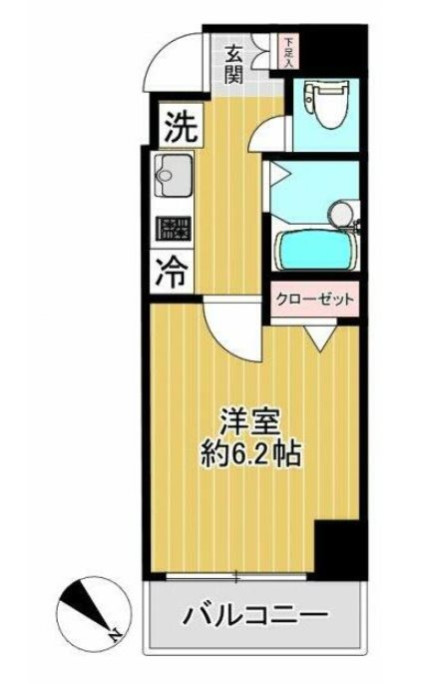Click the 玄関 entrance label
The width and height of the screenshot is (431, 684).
point(235,64)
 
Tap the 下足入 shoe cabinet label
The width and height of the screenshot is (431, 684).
point(288,52)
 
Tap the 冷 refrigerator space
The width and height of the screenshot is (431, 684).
point(175,273)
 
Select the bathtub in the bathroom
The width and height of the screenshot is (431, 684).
point(317,248)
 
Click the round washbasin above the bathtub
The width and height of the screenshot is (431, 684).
point(340,211)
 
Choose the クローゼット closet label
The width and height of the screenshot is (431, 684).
point(316,299)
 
